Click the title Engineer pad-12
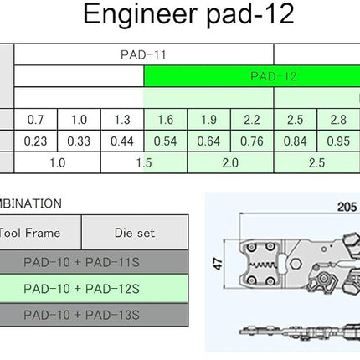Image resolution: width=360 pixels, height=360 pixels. tap(188, 14)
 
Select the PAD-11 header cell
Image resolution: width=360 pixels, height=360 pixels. tap(144, 54)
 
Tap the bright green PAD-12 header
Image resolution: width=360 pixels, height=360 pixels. tap(252, 76)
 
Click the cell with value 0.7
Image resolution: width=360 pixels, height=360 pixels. tap(35, 120)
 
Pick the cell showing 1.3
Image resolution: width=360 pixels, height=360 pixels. tap(122, 120)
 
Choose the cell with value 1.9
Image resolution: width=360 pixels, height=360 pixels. tap(208, 120)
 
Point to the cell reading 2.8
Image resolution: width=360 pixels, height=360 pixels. tap(338, 120)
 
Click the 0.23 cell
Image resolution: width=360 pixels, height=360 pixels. tap(35, 141)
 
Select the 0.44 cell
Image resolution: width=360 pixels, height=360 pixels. tap(122, 141)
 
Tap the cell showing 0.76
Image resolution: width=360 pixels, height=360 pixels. tap(252, 141)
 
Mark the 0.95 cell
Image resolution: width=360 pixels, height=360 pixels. tap(338, 141)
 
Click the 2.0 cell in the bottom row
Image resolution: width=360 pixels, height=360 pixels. tap(230, 163)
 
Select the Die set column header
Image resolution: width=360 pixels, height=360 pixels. tap(135, 233)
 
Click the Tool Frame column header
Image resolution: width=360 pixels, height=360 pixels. tap(40, 233)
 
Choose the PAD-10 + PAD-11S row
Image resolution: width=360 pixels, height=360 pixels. tap(94, 262)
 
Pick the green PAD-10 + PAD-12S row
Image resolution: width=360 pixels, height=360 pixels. tap(94, 289)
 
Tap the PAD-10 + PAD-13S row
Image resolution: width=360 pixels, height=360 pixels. tap(94, 315)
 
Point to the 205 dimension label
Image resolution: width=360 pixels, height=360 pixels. tap(347, 207)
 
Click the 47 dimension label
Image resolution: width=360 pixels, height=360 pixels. tap(219, 264)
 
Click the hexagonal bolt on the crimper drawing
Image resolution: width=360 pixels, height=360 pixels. tap(295, 264)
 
